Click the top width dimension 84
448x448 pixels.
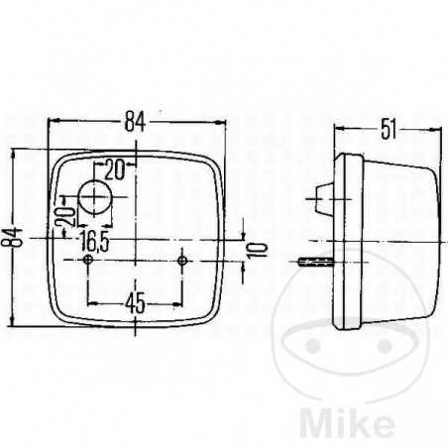[x=135, y=122]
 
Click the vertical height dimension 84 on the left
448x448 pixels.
[x=13, y=237]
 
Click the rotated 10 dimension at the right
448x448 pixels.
[x=259, y=249]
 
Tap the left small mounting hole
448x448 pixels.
[x=90, y=261]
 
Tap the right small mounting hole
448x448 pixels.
[x=182, y=261]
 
